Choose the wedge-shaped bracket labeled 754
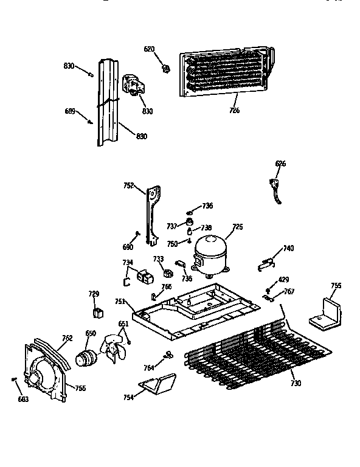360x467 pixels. [x=157, y=385]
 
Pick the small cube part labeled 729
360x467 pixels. [x=96, y=313]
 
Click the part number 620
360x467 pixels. [x=149, y=49]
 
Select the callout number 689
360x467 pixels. [x=70, y=111]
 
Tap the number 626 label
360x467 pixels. [x=280, y=164]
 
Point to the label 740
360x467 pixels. [x=288, y=248]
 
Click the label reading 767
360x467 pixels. [x=289, y=292]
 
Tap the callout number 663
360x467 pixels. [x=22, y=399]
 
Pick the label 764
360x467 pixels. [x=148, y=367]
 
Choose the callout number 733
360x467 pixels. [x=158, y=259]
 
